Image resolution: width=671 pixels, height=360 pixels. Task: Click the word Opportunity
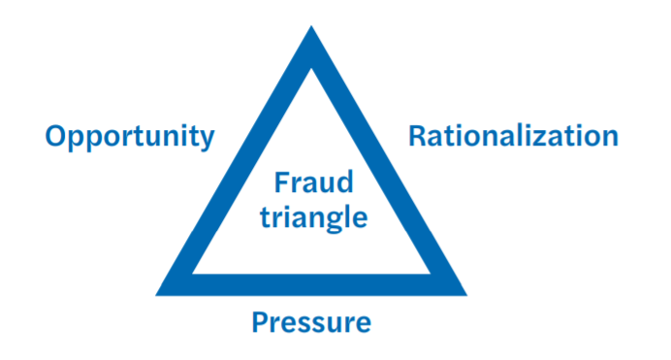(x=129, y=137)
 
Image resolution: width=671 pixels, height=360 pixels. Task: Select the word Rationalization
(x=513, y=136)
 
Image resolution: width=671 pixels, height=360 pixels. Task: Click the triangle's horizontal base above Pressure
(x=311, y=284)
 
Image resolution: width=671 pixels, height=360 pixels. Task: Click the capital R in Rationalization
(x=417, y=135)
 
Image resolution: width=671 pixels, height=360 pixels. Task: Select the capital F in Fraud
(x=279, y=183)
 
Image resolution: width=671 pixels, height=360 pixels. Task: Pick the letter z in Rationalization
(x=543, y=137)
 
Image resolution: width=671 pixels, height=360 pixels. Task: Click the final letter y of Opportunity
(x=207, y=140)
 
